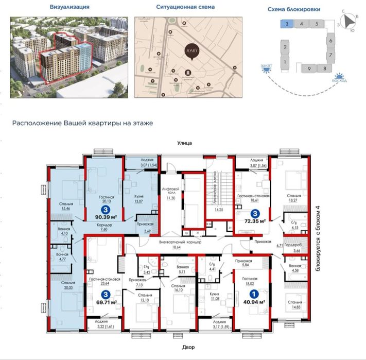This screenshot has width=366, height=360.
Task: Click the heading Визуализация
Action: coord(70,8)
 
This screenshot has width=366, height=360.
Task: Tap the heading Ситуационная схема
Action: coord(185,8)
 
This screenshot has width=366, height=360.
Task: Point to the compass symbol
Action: coord(351,20)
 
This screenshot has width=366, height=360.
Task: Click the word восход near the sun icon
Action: coord(339,81)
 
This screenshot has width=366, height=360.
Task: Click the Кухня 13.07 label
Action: coord(138,198)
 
